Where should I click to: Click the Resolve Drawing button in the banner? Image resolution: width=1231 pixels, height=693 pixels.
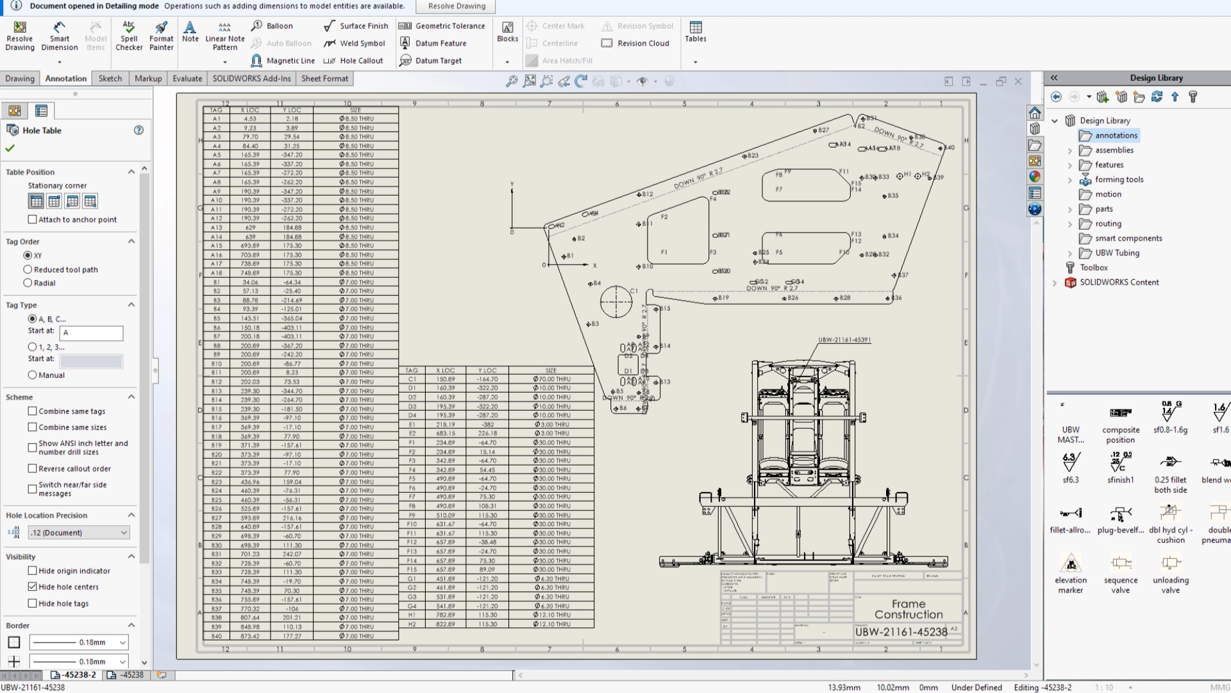pyautogui.click(x=456, y=6)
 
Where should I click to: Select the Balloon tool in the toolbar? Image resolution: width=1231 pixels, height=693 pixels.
pyautogui.click(x=272, y=26)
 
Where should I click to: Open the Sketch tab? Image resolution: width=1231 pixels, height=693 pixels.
pyautogui.click(x=110, y=78)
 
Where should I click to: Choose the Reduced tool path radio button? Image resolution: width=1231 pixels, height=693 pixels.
pyautogui.click(x=28, y=269)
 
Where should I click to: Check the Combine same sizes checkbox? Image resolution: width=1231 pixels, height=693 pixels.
pyautogui.click(x=33, y=427)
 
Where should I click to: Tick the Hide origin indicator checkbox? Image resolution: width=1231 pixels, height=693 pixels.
pyautogui.click(x=33, y=570)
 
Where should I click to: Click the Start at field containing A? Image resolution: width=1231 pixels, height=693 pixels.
pyautogui.click(x=91, y=333)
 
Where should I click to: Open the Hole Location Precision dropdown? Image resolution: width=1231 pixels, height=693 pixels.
pyautogui.click(x=78, y=533)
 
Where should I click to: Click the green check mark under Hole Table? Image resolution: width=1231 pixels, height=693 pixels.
pyautogui.click(x=10, y=148)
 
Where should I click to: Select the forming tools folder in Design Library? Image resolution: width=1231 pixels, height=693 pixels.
pyautogui.click(x=1119, y=180)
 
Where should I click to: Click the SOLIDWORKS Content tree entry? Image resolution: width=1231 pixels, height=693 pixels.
pyautogui.click(x=1119, y=282)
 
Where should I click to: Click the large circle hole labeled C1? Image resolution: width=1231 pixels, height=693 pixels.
pyautogui.click(x=615, y=302)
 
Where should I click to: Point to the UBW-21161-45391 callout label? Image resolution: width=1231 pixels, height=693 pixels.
pyautogui.click(x=844, y=340)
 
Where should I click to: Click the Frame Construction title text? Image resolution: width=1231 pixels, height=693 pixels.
pyautogui.click(x=908, y=609)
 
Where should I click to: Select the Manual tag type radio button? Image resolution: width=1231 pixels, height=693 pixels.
pyautogui.click(x=32, y=375)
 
